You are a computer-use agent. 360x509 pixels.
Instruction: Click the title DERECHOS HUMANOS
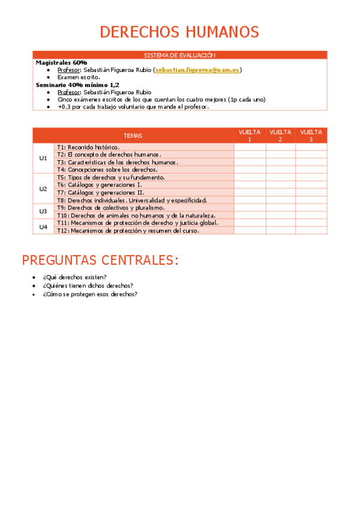pos(179,32)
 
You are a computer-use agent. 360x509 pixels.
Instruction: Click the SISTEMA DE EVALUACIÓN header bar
pos(179,55)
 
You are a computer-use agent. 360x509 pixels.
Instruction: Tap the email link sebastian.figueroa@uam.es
pos(197,70)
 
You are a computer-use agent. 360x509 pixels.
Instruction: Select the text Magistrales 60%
pos(61,62)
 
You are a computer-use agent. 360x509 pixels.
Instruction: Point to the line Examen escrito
pos(79,77)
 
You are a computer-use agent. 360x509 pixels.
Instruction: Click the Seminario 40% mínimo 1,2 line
pos(77,85)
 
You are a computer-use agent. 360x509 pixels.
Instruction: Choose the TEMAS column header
pos(133,136)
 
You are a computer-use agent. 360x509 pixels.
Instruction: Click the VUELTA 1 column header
pos(250,136)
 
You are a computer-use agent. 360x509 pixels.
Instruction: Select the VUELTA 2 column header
pos(280,136)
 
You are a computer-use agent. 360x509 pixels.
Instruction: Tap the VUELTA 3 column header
pos(311,136)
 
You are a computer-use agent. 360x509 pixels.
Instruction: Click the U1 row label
pos(43,158)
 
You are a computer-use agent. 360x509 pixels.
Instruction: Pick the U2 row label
pos(43,188)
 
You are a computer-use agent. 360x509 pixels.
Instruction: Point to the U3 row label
pos(43,211)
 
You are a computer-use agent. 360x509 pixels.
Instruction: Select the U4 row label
pos(43,226)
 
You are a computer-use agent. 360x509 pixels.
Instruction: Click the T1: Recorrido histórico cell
pos(88,147)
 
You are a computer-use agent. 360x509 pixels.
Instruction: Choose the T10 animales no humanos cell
pos(136,215)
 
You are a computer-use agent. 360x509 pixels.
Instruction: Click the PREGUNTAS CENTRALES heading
pos(100,261)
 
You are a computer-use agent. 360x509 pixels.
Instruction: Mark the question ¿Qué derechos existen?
pos(74,277)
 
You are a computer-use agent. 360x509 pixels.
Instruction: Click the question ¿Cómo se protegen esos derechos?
pos(90,294)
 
